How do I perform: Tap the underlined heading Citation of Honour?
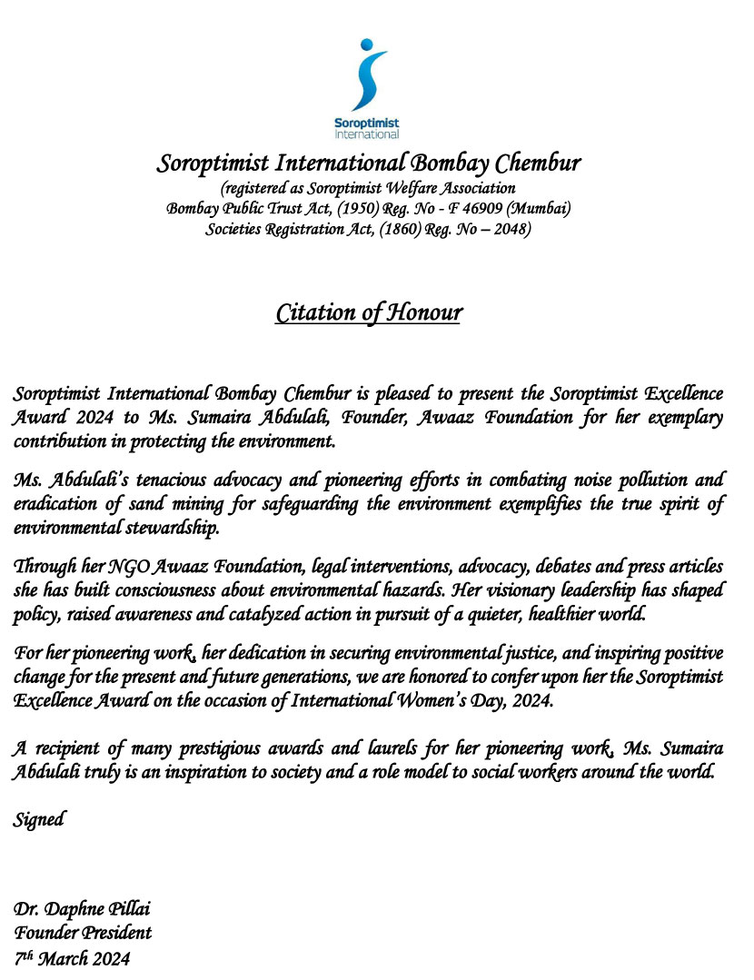coord(369,312)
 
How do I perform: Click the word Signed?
coord(38,819)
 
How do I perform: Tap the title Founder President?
coord(82,933)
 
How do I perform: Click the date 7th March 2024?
coord(72,957)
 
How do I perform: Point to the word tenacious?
coord(158,480)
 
